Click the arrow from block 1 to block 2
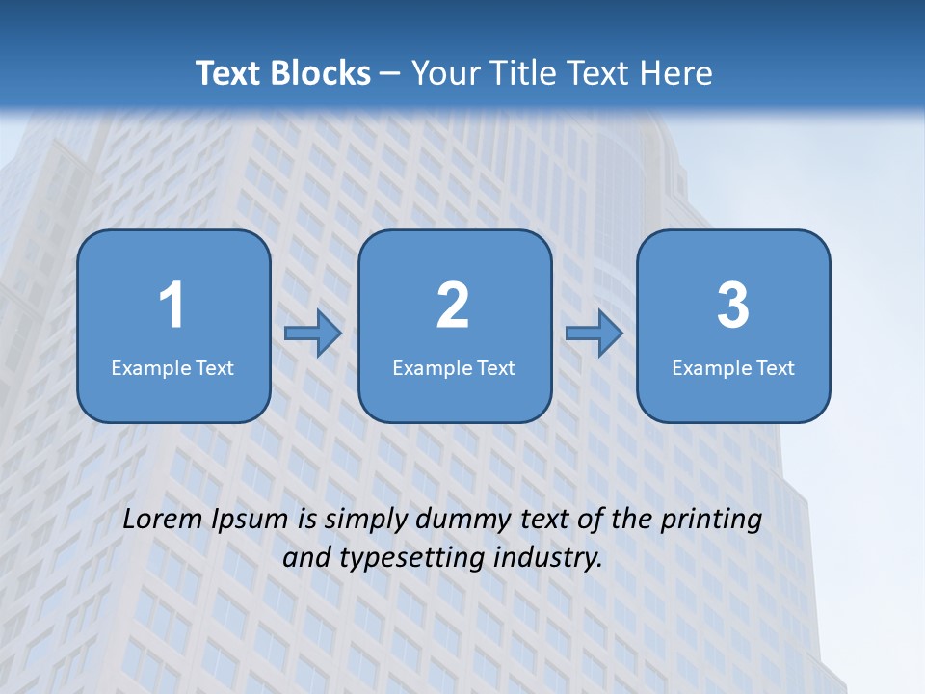tap(314, 334)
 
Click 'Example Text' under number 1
tap(172, 368)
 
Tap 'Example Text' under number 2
tap(454, 368)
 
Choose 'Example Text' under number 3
tap(733, 368)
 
